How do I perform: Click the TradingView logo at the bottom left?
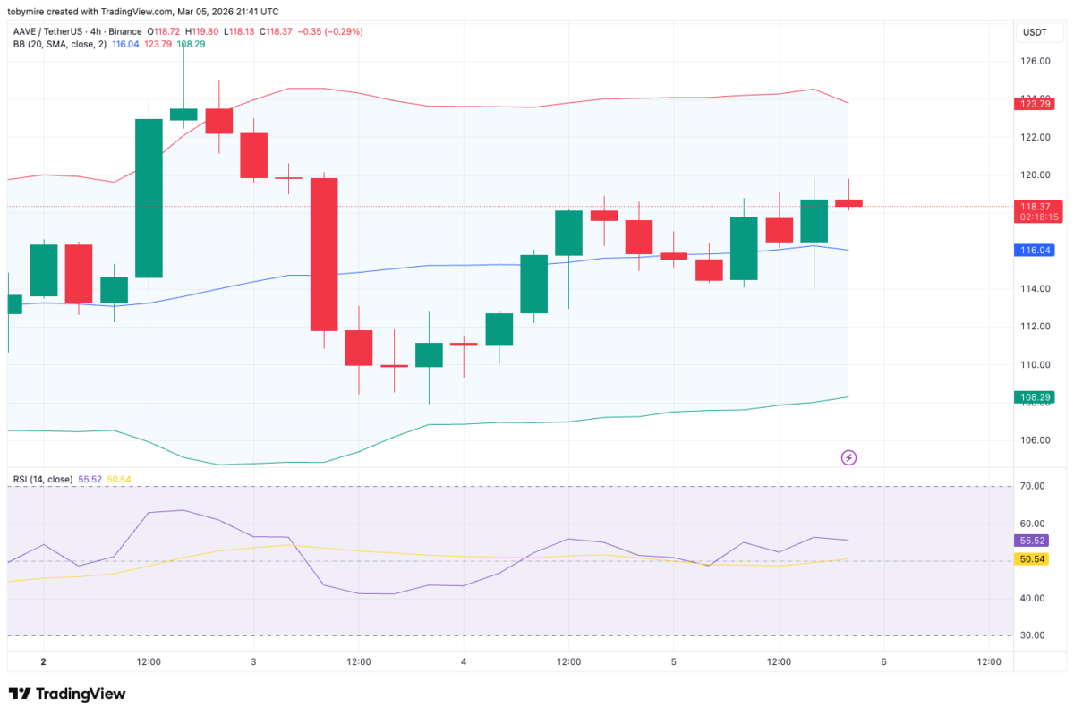[67, 694]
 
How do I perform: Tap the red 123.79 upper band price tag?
[1036, 104]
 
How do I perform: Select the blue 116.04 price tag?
[1036, 251]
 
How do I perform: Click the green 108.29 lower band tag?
[1036, 397]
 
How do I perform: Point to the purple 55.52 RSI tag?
[1035, 541]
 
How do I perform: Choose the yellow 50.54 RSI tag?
[1035, 559]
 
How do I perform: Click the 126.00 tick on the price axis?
[1036, 61]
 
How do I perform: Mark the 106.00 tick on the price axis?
[1036, 440]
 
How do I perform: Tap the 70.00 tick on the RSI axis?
[1034, 486]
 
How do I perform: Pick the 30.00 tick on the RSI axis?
[1034, 635]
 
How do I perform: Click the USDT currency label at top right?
[1035, 33]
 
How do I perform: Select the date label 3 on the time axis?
[253, 662]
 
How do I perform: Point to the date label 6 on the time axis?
[883, 662]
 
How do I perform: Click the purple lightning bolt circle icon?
[848, 458]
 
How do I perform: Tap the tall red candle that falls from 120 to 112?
[324, 254]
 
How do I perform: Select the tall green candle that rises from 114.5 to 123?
[149, 198]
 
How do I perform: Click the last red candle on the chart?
[848, 203]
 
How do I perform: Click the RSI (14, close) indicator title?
[43, 480]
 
